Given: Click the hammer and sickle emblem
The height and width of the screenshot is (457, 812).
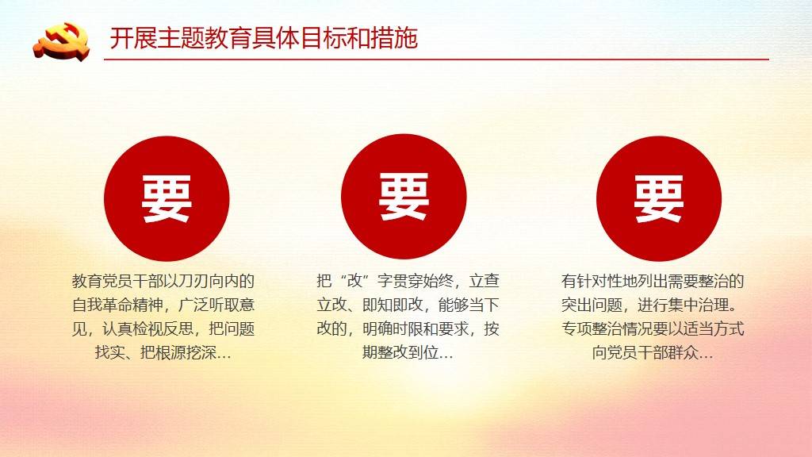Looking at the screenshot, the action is (61, 40).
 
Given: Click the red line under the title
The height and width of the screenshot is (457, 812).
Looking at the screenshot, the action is (436, 60).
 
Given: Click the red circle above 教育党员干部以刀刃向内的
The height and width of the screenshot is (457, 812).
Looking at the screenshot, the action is (167, 198).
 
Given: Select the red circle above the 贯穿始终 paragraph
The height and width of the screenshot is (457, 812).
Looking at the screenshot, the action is (404, 197).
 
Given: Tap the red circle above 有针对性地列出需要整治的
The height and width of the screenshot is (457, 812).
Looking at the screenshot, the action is (659, 198).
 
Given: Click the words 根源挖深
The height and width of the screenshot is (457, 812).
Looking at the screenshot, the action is (186, 353).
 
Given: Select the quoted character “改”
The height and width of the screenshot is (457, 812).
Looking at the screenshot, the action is (354, 282).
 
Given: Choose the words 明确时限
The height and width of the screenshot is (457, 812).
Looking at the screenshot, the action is (393, 329).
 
